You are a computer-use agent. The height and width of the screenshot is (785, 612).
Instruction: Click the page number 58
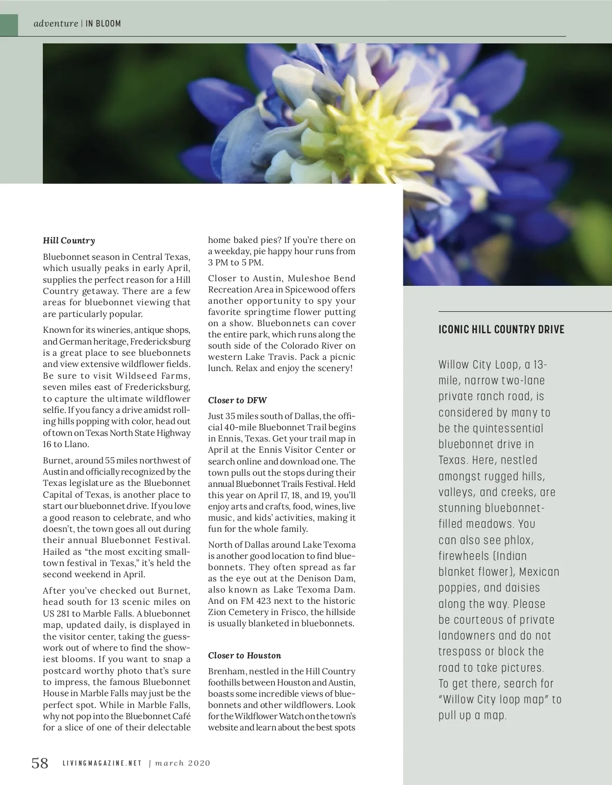click(40, 763)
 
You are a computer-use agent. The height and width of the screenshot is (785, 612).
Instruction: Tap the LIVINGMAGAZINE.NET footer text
click(102, 764)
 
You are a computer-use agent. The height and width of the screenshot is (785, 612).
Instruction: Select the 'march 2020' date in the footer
click(183, 764)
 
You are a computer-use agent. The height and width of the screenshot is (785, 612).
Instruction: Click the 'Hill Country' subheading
click(69, 240)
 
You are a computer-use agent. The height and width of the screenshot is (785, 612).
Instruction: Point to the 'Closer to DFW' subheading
click(237, 400)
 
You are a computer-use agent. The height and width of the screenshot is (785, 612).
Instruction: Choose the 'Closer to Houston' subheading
click(244, 655)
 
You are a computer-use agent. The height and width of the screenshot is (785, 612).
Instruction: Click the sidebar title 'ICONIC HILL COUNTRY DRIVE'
click(501, 329)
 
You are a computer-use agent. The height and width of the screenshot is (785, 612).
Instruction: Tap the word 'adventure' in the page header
click(56, 23)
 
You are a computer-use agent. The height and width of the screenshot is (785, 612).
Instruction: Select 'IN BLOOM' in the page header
click(103, 23)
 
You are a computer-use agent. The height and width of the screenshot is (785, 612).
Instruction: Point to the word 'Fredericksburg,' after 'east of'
click(157, 387)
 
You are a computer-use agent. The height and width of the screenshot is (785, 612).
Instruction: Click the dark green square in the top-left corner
click(9, 24)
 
